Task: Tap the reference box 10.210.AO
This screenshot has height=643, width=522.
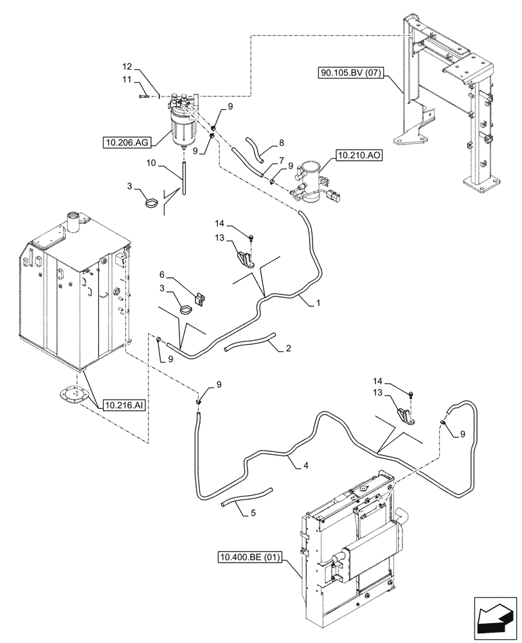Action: click(x=357, y=155)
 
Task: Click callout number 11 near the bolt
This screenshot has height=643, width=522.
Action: click(x=127, y=79)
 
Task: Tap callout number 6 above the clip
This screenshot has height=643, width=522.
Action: click(x=161, y=274)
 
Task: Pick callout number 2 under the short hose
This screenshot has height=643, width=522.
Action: click(x=289, y=349)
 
